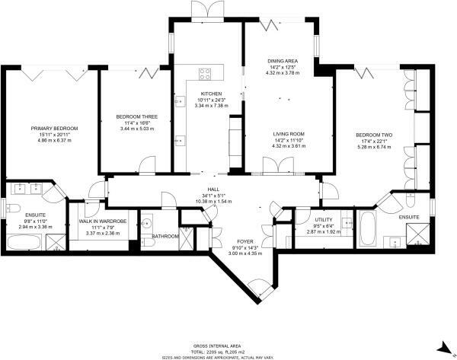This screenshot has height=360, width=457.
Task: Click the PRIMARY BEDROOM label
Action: pos(55,129)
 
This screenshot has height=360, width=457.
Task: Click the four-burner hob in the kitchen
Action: pos(206,75)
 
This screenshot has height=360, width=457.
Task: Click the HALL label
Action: pos(213,190)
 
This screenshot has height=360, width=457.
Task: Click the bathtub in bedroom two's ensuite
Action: pos(367,226)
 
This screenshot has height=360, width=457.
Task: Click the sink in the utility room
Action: pos(347,223)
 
